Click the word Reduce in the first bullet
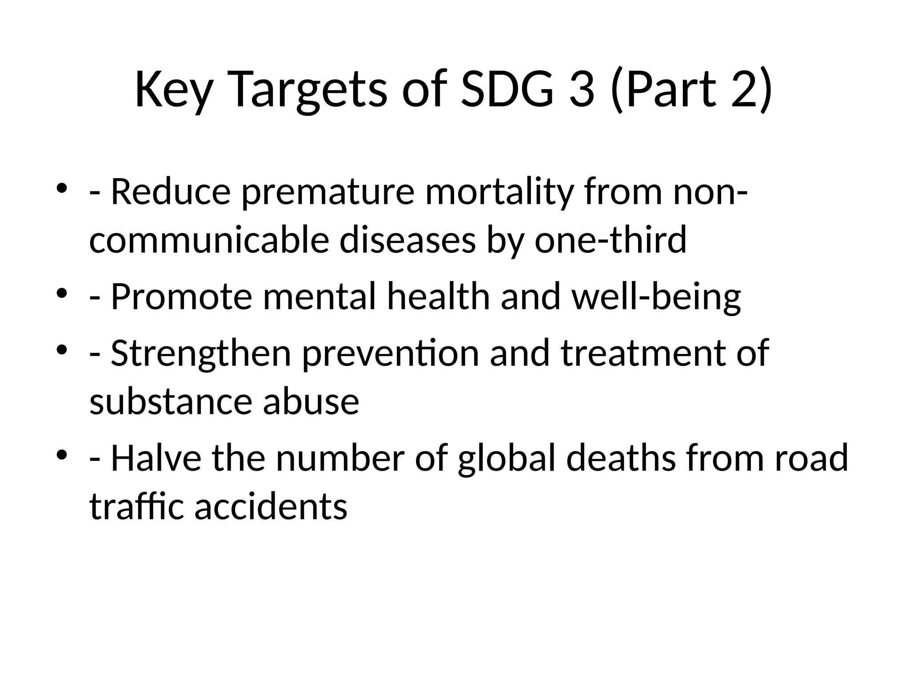pyautogui.click(x=171, y=192)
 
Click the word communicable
pyautogui.click(x=209, y=240)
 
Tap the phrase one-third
pyautogui.click(x=611, y=240)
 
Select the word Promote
pyautogui.click(x=181, y=297)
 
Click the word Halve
pyautogui.click(x=156, y=458)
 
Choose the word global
pyautogui.click(x=507, y=459)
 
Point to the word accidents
pyautogui.click(x=271, y=507)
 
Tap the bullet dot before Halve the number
pyautogui.click(x=62, y=455)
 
